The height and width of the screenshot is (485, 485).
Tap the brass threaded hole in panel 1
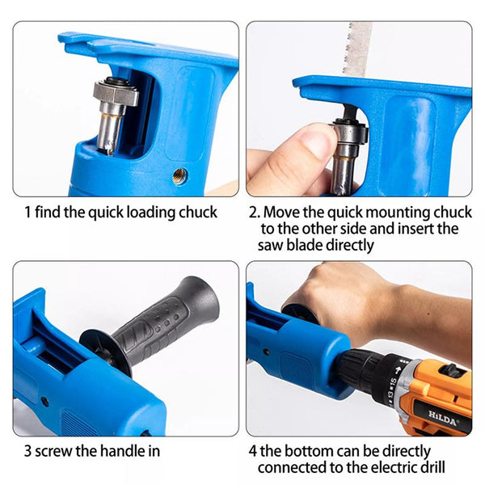pos(180,176)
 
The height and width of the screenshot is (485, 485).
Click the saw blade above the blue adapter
pos(356,50)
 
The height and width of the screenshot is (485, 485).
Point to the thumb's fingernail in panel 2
pos(318,143)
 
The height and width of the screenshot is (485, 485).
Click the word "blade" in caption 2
pos(305,245)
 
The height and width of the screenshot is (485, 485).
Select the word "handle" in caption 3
pos(121,451)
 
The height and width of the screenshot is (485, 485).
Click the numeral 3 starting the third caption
pos(27,451)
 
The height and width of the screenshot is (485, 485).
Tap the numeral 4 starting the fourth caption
pos(253,451)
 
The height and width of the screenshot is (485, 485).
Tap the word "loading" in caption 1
pos(151,213)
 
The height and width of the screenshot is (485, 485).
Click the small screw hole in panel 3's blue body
pos(44,402)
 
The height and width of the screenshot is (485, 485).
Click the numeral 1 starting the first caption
pos(27,213)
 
